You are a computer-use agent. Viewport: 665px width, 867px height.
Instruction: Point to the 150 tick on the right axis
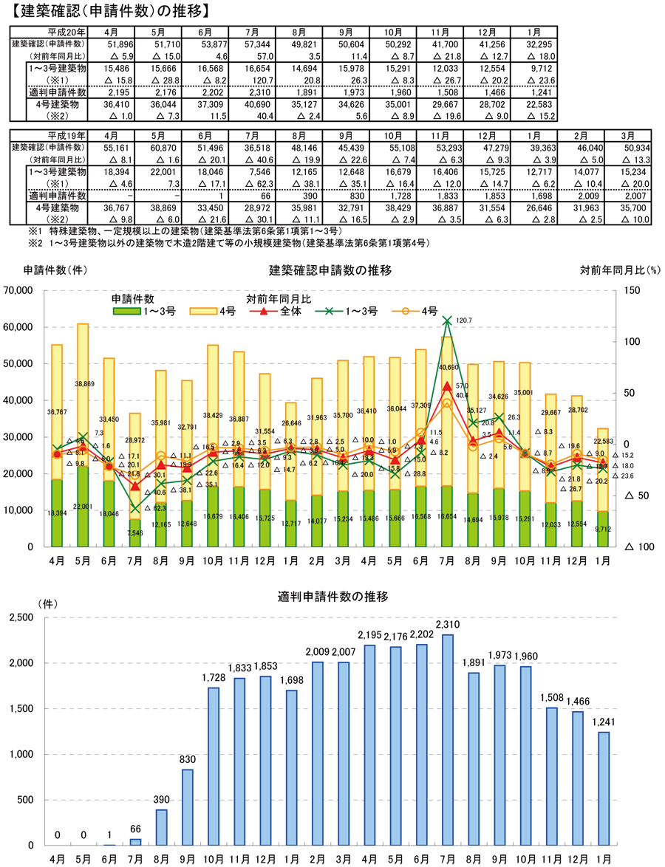632,291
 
